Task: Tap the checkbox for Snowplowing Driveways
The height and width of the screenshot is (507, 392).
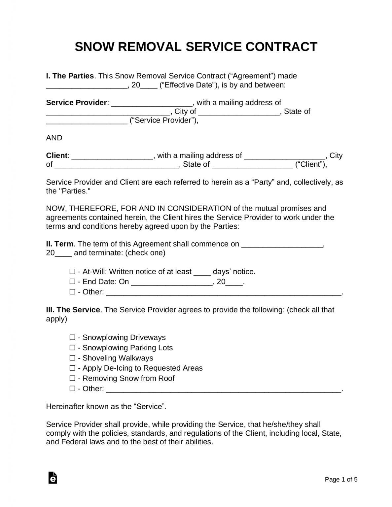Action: point(72,337)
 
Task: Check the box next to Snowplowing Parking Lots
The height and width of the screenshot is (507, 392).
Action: point(72,348)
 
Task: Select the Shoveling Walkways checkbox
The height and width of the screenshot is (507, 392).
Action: point(72,358)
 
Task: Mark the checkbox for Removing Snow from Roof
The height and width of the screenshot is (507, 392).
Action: point(72,378)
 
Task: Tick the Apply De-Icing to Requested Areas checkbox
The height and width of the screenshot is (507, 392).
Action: point(72,368)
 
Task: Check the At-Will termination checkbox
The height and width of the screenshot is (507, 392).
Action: point(72,272)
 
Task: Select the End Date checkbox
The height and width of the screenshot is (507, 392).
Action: point(72,282)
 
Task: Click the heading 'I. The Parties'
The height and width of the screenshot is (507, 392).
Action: point(70,76)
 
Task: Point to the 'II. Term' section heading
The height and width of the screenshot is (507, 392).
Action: point(60,244)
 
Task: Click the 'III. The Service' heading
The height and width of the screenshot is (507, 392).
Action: point(73,310)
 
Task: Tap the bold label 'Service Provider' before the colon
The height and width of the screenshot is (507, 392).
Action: point(76,103)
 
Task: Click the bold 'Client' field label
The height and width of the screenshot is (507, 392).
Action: point(57,155)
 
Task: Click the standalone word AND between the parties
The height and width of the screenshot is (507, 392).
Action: point(54,138)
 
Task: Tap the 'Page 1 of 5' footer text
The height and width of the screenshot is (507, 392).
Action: point(341,480)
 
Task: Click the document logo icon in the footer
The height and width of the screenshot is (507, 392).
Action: point(53,478)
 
